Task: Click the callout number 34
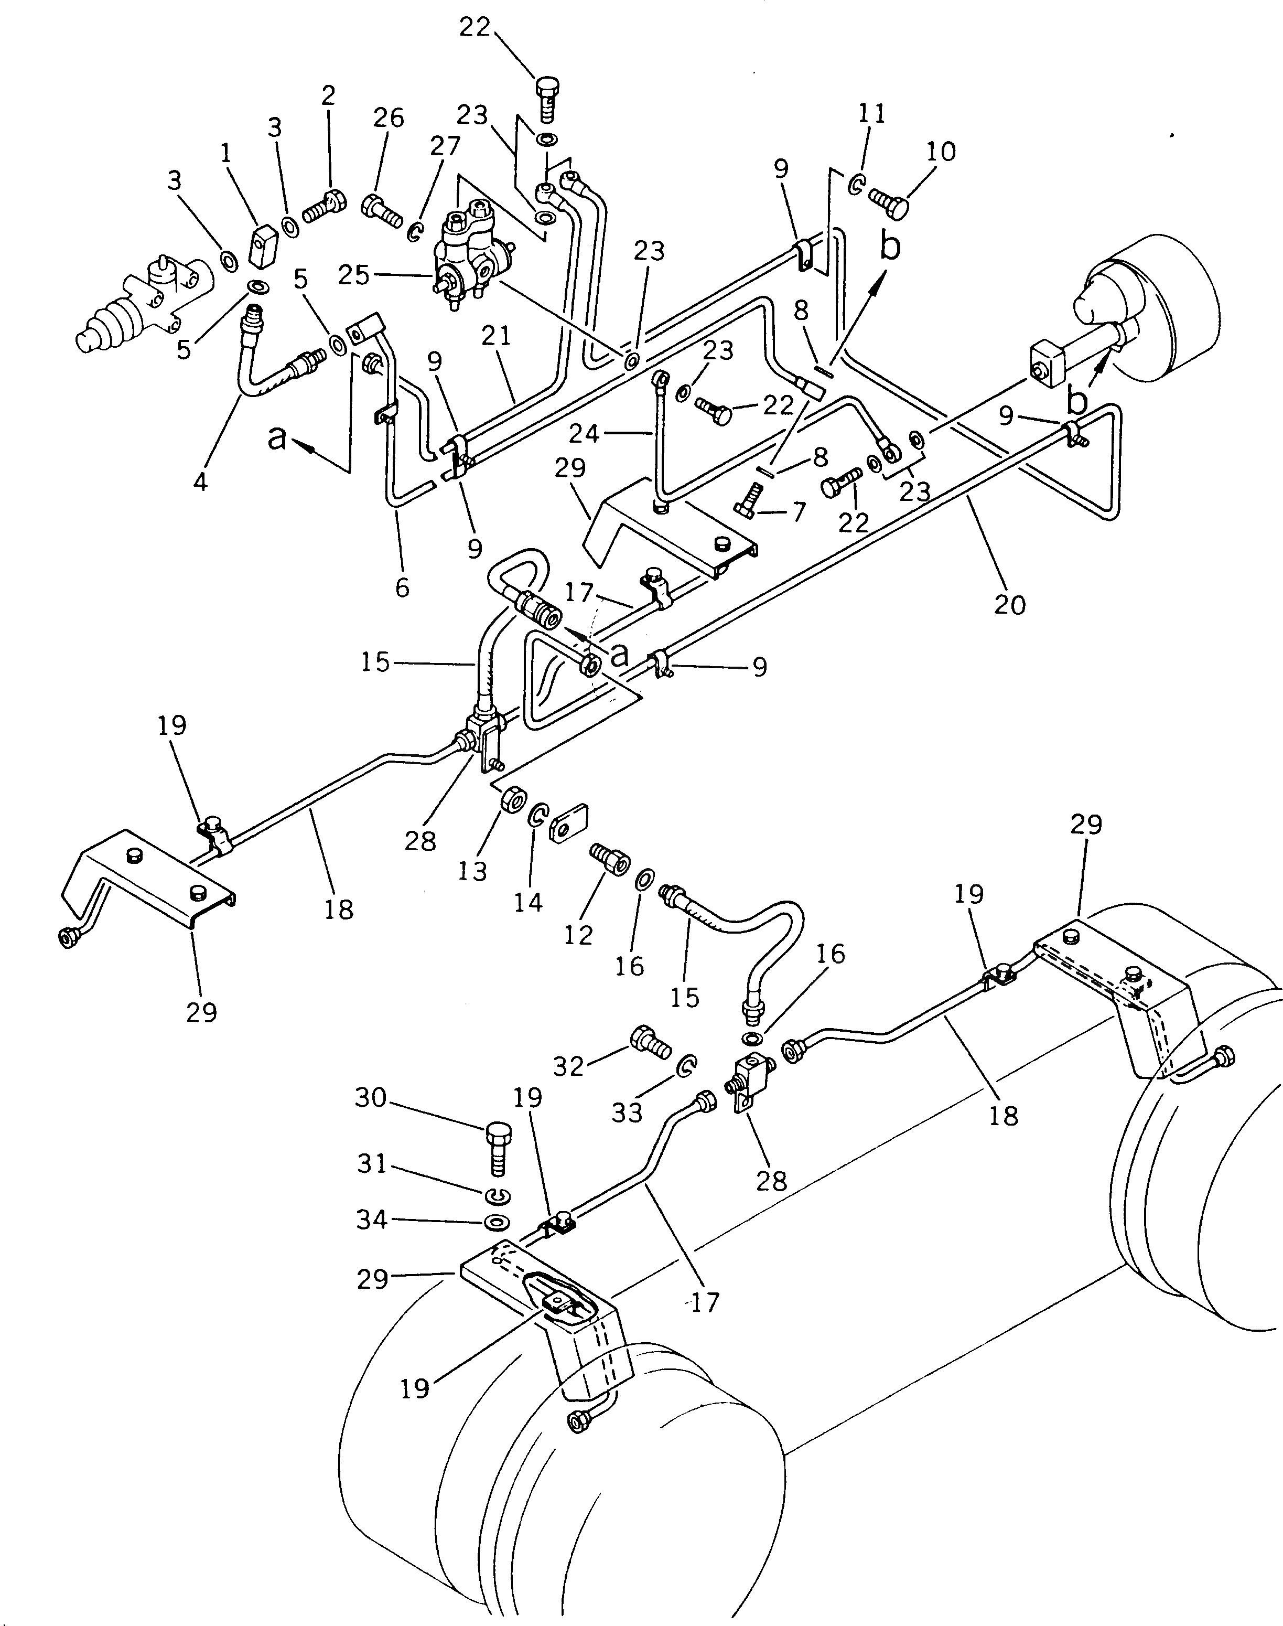pyautogui.click(x=371, y=1219)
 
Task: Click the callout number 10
pyautogui.click(x=941, y=152)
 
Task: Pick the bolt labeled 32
pyautogui.click(x=649, y=1041)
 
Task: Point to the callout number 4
pyautogui.click(x=199, y=482)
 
